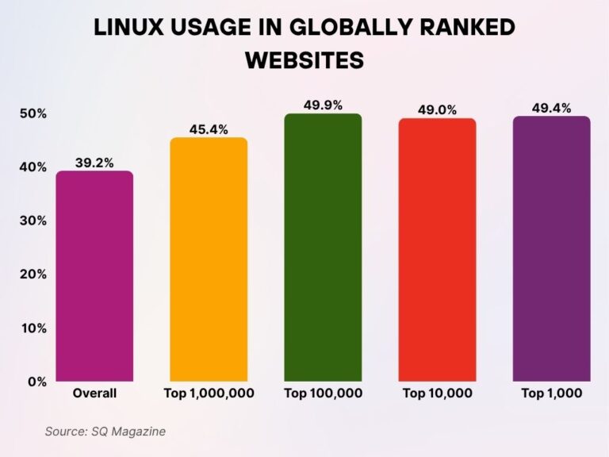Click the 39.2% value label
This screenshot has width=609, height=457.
(94, 163)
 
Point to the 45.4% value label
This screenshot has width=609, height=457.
(209, 129)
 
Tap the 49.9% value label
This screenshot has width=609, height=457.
(323, 105)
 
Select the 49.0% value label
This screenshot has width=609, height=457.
(437, 110)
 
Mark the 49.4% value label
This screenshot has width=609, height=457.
(551, 108)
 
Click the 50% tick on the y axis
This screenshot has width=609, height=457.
(33, 114)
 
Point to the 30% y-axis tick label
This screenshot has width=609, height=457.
(33, 221)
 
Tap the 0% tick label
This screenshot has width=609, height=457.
(37, 382)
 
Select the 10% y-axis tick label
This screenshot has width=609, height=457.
(33, 328)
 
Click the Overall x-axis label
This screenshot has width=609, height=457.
(94, 394)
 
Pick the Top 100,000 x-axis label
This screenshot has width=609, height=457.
(323, 394)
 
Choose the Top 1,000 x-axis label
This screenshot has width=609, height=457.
(551, 394)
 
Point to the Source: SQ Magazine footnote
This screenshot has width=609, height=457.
(105, 432)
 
